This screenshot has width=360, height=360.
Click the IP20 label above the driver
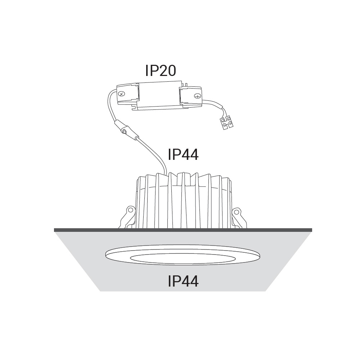pos(161,70)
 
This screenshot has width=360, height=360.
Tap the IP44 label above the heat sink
pos(183,154)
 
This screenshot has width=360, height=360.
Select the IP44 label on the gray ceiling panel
pos(183,281)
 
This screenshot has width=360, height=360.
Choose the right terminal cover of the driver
pos(191,96)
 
